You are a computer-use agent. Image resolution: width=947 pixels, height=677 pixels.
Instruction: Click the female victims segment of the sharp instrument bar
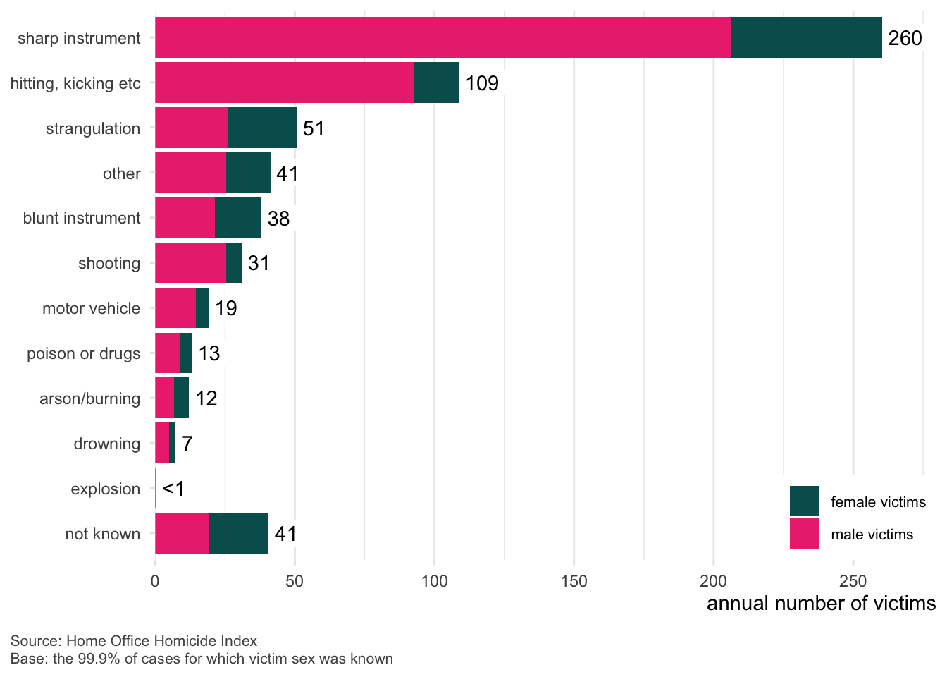(x=806, y=37)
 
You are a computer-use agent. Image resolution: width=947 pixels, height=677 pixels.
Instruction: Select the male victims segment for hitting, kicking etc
(x=284, y=83)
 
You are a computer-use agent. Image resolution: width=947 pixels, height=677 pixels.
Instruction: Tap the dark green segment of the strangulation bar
(x=262, y=128)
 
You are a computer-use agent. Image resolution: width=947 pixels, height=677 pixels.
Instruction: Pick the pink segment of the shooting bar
(x=190, y=263)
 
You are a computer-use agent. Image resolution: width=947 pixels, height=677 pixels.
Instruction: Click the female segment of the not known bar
(x=239, y=534)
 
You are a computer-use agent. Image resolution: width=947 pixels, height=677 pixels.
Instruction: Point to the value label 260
(x=905, y=38)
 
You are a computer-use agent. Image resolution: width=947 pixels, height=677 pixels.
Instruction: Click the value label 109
(x=482, y=83)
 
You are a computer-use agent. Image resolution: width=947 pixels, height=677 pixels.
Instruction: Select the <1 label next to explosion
(x=173, y=489)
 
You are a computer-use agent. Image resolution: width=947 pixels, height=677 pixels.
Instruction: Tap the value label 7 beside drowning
(x=187, y=444)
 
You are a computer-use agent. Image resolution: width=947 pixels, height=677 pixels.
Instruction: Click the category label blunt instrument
(x=82, y=218)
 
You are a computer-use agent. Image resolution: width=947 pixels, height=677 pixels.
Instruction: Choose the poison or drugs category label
(x=84, y=353)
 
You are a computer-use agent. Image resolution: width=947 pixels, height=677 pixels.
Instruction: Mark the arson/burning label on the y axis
(x=90, y=398)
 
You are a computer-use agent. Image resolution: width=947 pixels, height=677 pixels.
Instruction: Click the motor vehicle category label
(x=92, y=308)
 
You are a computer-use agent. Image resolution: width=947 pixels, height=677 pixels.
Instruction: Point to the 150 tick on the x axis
(x=574, y=581)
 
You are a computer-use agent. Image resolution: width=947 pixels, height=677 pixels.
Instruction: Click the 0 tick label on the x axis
(x=155, y=581)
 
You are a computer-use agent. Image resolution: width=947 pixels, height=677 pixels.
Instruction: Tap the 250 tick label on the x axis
(x=853, y=581)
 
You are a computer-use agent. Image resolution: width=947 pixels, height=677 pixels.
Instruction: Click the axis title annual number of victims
(x=821, y=604)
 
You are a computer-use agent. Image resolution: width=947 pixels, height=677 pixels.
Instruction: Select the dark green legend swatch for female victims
(x=804, y=501)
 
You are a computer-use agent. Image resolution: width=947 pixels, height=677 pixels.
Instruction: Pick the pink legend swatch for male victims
(x=804, y=534)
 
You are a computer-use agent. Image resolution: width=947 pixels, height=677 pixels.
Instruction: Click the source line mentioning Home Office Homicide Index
(x=134, y=641)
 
